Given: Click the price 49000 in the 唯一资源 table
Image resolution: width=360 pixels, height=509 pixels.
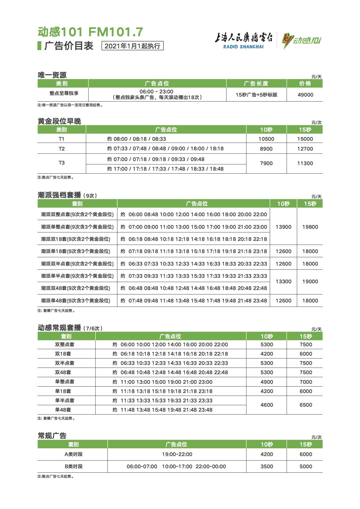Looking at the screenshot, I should (305, 95).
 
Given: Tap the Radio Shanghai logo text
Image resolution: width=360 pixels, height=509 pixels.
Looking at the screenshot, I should (243, 41).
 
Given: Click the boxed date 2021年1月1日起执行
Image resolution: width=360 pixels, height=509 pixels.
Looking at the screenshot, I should (132, 46).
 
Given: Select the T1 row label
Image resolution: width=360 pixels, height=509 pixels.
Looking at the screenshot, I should (62, 139).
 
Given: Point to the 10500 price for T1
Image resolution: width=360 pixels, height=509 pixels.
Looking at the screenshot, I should (266, 139).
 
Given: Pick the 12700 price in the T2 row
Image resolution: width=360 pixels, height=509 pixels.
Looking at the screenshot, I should (305, 149).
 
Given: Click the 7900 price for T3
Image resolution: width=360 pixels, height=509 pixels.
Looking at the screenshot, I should (266, 163).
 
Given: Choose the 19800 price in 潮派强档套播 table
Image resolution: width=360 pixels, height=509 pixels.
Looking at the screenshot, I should (310, 227).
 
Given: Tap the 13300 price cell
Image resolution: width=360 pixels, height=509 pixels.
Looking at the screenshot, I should (283, 281).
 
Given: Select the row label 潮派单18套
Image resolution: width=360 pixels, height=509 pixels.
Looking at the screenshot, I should (76, 251).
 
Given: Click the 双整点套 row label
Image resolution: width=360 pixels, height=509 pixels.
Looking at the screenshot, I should (65, 344).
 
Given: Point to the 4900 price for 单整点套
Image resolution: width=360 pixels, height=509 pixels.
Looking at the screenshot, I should (267, 382).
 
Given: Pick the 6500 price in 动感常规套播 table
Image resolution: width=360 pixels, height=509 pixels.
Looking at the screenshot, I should (306, 405).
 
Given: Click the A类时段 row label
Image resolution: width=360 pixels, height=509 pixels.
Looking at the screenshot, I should (73, 454).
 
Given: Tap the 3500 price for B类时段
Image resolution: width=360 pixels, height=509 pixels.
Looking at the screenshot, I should (267, 466).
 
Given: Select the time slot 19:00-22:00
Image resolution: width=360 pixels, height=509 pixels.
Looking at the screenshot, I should (177, 454).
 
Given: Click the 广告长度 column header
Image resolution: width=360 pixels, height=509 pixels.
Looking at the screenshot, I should (256, 84).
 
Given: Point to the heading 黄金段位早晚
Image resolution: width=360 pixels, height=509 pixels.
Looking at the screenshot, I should (59, 121).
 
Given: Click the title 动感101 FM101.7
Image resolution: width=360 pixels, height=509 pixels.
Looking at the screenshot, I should (90, 32).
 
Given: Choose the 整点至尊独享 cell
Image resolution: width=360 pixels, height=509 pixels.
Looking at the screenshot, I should (64, 93).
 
